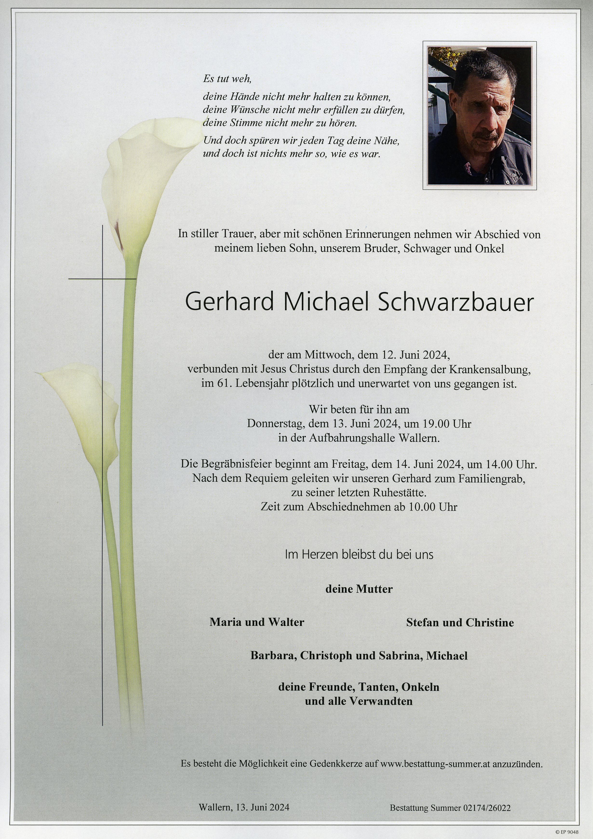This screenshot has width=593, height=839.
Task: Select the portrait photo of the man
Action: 480,116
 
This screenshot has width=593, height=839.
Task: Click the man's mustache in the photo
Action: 486,137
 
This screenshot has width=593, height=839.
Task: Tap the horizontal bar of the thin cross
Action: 102,279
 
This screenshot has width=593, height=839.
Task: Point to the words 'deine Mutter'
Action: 359,589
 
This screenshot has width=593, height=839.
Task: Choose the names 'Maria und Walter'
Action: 257,622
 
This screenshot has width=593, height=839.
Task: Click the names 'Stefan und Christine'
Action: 460,622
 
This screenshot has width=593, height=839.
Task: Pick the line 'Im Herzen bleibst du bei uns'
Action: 359,555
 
